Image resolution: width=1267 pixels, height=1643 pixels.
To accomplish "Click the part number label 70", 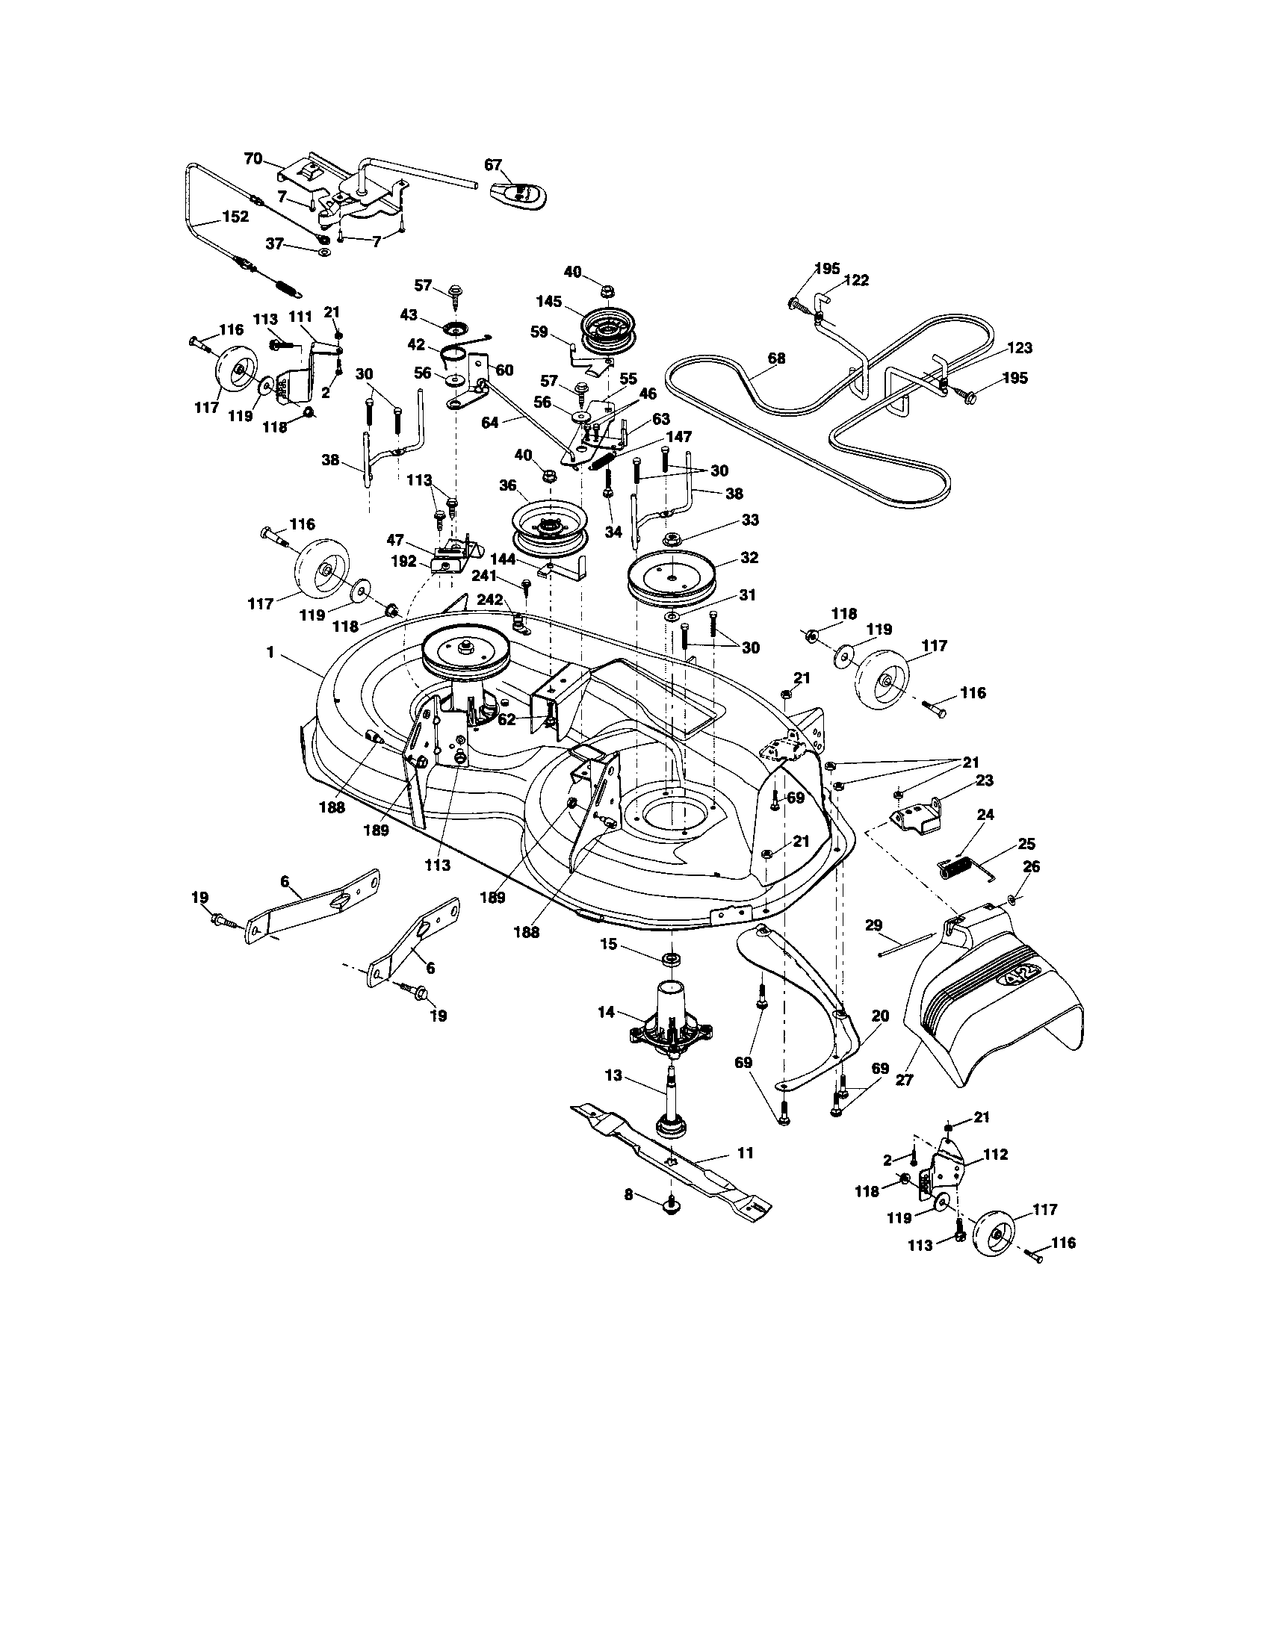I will pos(253,159).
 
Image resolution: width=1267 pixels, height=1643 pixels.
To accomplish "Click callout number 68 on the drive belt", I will pos(775,358).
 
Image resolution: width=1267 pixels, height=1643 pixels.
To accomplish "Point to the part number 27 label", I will pos(904,1080).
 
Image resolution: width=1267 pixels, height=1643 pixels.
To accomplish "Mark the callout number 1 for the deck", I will pos(270,653).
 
